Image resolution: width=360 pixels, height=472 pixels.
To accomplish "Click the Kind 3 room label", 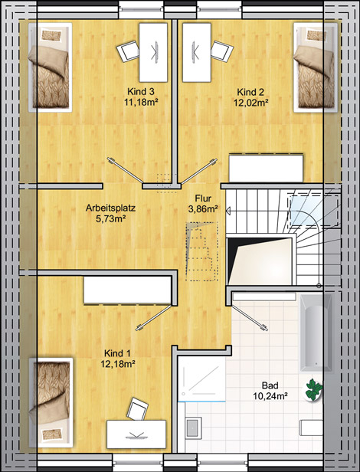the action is pos(141,91).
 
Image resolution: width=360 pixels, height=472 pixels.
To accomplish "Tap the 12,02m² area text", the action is pos(251,103).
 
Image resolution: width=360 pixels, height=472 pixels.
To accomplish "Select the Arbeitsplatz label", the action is pos(110,208).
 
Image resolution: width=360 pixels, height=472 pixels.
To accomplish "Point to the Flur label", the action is pos(203,198).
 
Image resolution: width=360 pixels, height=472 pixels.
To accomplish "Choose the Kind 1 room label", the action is pos(117,353).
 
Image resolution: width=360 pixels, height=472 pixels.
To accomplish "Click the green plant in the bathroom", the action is pos(313,390).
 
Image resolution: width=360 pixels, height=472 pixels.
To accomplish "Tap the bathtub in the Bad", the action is pos(316,333).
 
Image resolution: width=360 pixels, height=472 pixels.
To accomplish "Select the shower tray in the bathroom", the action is pos(201,379).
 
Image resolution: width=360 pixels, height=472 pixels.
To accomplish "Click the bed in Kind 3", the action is pos(51,67).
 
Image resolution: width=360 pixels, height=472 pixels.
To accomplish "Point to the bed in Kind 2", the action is pos(316,67).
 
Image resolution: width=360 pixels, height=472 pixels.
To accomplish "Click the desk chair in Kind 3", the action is pos(128,51).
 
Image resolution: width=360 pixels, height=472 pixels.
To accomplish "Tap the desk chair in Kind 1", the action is pos(138,408).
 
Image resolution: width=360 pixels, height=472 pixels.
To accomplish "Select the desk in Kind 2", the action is pos(197,52).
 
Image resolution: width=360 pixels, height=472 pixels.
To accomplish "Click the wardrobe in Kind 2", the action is pos(266,168).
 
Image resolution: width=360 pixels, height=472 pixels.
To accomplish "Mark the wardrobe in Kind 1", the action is pos(127,290).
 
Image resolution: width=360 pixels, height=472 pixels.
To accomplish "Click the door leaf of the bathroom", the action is pos(249,317).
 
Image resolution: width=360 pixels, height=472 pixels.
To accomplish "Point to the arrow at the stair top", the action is pos(228,211).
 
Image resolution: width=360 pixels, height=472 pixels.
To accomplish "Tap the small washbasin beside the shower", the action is pos(193,428).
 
